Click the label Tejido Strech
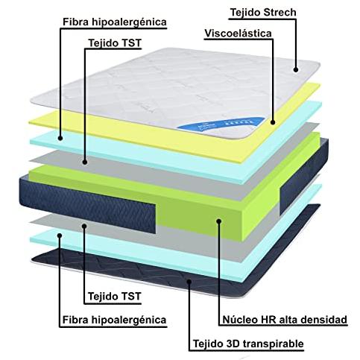(x=263, y=13)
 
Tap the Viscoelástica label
(x=238, y=34)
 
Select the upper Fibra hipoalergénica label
(x=115, y=22)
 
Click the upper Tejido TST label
(x=115, y=43)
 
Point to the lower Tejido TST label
(x=115, y=297)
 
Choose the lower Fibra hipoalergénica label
(x=114, y=320)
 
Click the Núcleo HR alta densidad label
(x=285, y=320)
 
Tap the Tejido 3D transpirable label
(x=248, y=344)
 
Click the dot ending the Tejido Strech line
(x=296, y=69)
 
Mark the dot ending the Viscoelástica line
(x=273, y=122)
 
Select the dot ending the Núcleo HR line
(x=219, y=221)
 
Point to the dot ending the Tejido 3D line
(x=189, y=281)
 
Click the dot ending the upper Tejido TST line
(x=85, y=162)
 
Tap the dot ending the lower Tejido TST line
(x=84, y=226)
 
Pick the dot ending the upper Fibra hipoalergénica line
(x=60, y=138)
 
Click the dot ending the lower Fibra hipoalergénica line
(x=60, y=236)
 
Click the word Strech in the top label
(x=280, y=13)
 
